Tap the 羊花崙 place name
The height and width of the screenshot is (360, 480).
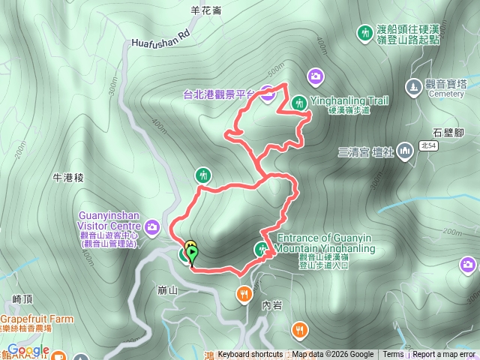pyautogui.click(x=205, y=10)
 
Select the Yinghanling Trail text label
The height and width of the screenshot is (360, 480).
pyautogui.click(x=348, y=100)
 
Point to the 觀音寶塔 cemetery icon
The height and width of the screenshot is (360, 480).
pyautogui.click(x=414, y=87)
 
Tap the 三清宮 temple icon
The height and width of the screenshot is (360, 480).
pyautogui.click(x=405, y=151)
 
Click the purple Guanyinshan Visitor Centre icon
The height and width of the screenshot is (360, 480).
pyautogui.click(x=153, y=226)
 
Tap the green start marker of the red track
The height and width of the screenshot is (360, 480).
pyautogui.click(x=192, y=255)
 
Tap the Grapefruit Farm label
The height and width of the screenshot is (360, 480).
pyautogui.click(x=37, y=319)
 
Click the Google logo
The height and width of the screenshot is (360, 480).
pyautogui.click(x=28, y=350)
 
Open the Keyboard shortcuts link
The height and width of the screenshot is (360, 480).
pyautogui.click(x=250, y=355)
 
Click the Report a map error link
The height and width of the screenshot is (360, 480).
pyautogui.click(x=444, y=355)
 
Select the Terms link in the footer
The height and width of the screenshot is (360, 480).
pyautogui.click(x=393, y=355)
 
